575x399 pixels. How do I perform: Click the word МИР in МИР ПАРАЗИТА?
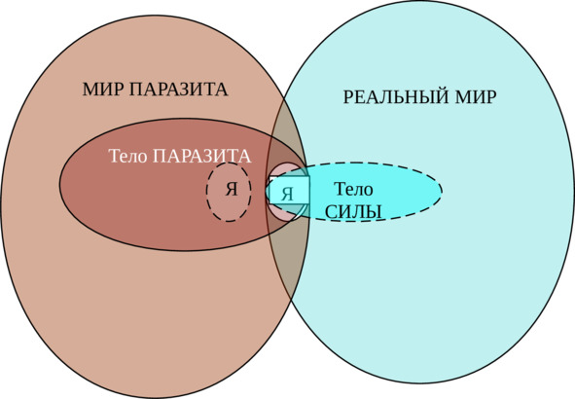click(x=103, y=90)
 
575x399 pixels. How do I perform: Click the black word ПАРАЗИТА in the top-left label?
click(x=179, y=90)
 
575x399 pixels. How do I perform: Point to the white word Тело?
click(x=128, y=157)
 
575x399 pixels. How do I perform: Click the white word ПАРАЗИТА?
click(x=202, y=157)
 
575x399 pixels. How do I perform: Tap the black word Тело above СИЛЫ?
click(x=354, y=189)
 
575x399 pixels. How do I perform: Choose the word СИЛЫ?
click(x=353, y=212)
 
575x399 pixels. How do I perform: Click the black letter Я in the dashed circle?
click(x=232, y=190)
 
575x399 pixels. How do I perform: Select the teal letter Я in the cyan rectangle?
click(x=288, y=194)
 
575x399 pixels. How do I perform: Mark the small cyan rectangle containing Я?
click(x=289, y=191)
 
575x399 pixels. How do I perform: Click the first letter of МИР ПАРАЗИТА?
click(x=90, y=90)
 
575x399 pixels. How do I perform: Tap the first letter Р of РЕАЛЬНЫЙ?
click(x=348, y=97)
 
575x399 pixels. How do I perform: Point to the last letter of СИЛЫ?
click(x=374, y=212)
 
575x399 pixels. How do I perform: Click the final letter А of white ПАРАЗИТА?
click(x=245, y=157)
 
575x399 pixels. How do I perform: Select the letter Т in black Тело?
click(x=340, y=189)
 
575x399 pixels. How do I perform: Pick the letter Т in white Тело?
click(x=114, y=157)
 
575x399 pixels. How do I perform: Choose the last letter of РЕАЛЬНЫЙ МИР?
click(x=492, y=97)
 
